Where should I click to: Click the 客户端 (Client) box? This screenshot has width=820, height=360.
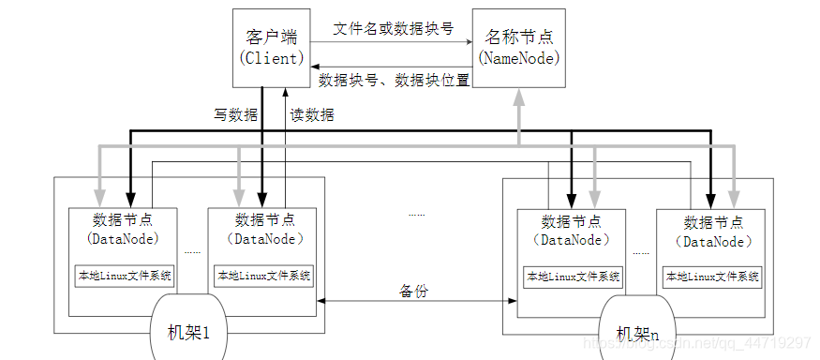pos(272,46)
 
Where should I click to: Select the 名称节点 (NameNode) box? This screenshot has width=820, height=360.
pos(519,48)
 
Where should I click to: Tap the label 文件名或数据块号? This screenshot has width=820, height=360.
pos(394,28)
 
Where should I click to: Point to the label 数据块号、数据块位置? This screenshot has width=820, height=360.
pos(395,80)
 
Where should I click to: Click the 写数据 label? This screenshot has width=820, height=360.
pos(235,116)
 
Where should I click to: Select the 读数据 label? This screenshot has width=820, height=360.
pos(311,116)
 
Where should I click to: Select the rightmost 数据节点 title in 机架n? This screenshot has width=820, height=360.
pos(714,222)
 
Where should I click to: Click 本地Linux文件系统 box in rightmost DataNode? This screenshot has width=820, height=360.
pos(713,277)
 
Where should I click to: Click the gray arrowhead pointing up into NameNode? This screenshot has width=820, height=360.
pos(518,99)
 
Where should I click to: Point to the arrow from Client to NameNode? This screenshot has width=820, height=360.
pos(394,41)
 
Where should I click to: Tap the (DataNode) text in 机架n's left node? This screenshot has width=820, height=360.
pos(572,239)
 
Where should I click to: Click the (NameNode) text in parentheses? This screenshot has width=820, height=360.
pos(519,58)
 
